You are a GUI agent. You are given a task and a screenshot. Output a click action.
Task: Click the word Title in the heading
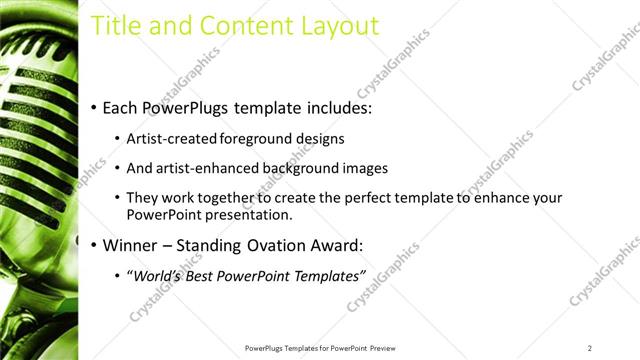tap(117, 26)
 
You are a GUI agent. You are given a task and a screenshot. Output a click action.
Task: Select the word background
tap(297, 169)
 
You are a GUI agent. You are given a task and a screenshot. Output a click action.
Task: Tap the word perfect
tap(344, 199)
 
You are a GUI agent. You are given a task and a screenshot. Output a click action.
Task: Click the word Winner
tap(130, 245)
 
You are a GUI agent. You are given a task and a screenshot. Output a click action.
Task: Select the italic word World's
tap(158, 276)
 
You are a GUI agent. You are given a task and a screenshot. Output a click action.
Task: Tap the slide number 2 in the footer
tap(590, 347)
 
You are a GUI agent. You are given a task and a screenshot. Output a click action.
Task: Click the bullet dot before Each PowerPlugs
tap(94, 107)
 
